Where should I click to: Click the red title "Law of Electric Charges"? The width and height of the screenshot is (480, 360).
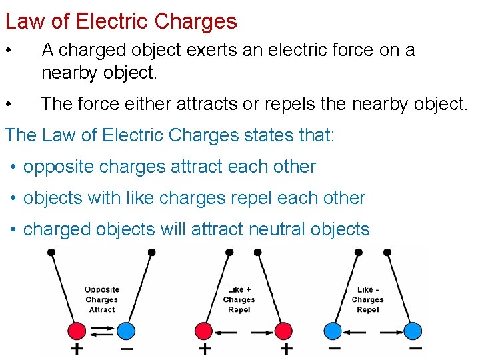point(121,21)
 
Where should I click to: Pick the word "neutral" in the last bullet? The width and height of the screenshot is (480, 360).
point(277,229)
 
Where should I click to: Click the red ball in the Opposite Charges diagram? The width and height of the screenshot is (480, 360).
point(77,331)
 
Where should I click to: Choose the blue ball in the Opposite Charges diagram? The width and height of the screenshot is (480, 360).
point(125,331)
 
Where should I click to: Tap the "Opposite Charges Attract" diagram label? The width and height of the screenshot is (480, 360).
point(101,299)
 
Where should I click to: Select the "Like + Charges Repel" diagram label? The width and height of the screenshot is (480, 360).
point(239,299)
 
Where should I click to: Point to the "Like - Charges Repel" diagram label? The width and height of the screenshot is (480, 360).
point(368,299)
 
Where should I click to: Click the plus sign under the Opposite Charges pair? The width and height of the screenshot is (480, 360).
point(77,349)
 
